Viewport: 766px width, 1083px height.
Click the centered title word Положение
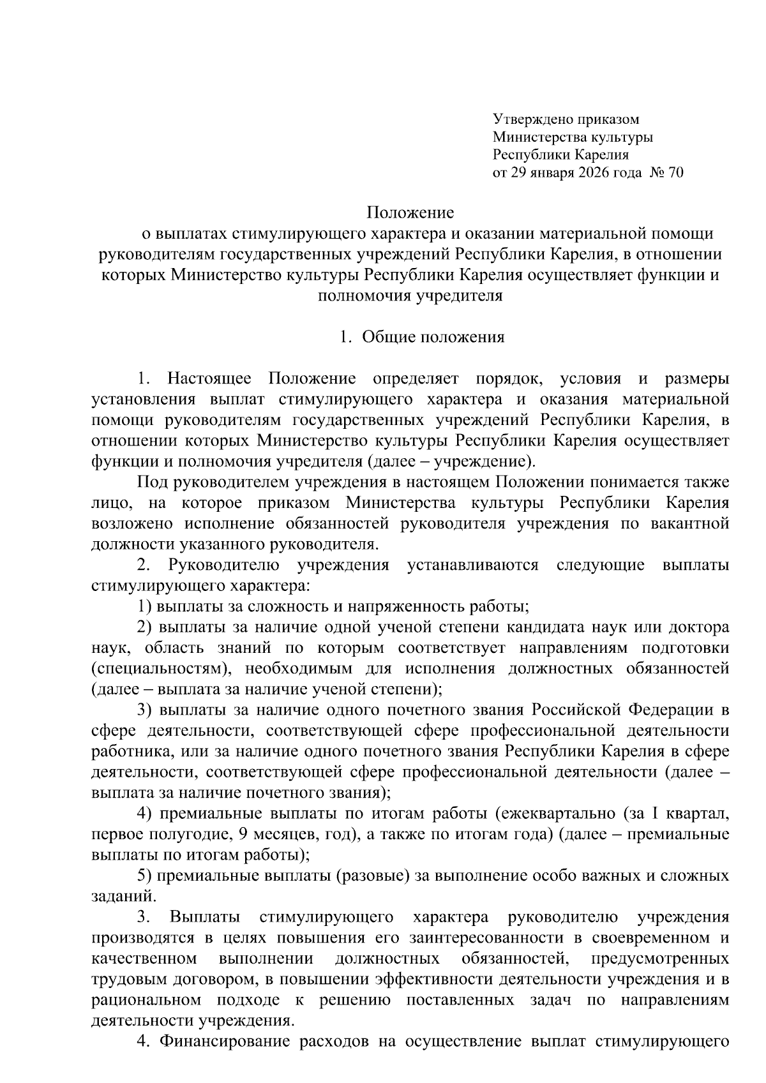pyautogui.click(x=410, y=213)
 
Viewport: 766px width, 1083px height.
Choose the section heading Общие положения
pyautogui.click(x=433, y=337)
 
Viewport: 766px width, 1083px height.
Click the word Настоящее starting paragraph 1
pyautogui.click(x=210, y=379)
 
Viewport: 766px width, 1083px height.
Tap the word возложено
pyautogui.click(x=132, y=524)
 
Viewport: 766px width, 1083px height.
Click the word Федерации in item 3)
pyautogui.click(x=672, y=711)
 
